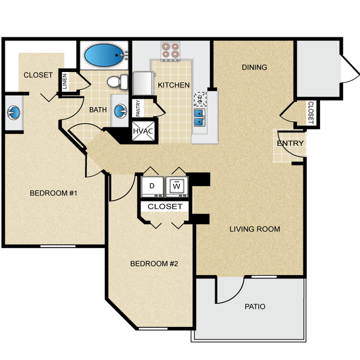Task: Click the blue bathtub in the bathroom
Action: (104, 55)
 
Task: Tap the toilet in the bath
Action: (116, 83)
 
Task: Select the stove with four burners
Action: (171, 51)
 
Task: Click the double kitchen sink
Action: (199, 117)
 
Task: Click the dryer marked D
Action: (152, 187)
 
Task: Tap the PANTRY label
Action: (138, 107)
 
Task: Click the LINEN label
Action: (65, 82)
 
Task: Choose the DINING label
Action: (254, 68)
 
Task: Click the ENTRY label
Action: (290, 143)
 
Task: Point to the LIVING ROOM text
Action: (255, 229)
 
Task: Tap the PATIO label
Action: (255, 306)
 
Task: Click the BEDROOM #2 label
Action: (153, 264)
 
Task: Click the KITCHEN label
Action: (174, 85)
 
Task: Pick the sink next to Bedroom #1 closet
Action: (13, 113)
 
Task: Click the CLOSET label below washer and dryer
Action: (165, 207)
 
